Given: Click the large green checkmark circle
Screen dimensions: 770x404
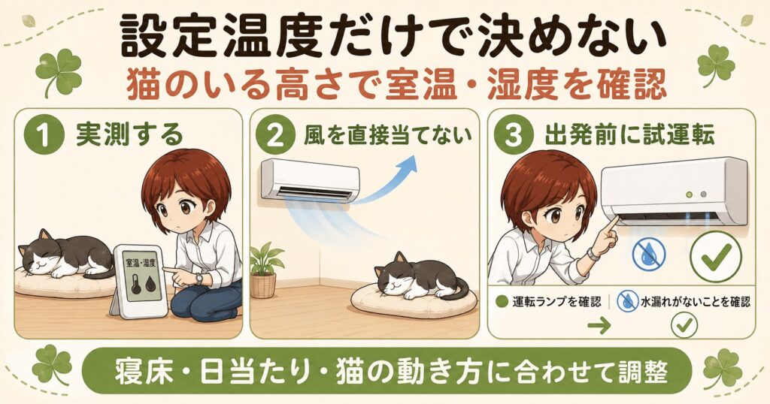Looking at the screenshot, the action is pos(716,255).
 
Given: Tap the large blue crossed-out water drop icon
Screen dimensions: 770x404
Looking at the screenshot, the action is pos(649,255).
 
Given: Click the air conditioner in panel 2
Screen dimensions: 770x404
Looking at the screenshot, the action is pos(311,179).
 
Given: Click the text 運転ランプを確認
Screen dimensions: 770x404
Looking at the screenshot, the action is pos(556,302).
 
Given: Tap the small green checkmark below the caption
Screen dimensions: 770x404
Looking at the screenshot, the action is pos(684,324).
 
